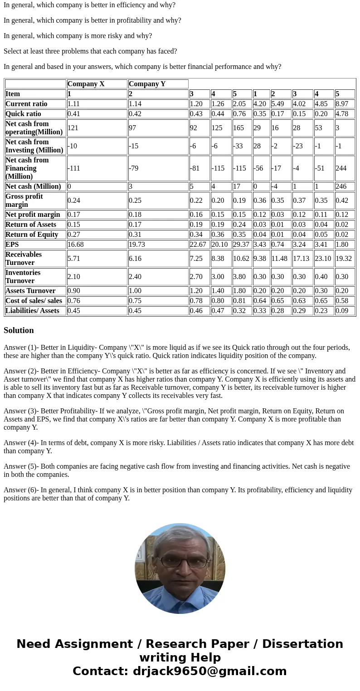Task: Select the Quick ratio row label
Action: (23, 114)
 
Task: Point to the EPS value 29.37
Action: (241, 245)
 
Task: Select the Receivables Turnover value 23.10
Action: (323, 259)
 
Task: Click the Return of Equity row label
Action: (32, 235)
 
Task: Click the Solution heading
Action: (19, 330)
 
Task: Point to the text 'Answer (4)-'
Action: (21, 443)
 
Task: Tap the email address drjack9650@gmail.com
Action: (209, 671)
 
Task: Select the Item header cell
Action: (13, 94)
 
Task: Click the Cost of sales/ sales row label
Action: (34, 301)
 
